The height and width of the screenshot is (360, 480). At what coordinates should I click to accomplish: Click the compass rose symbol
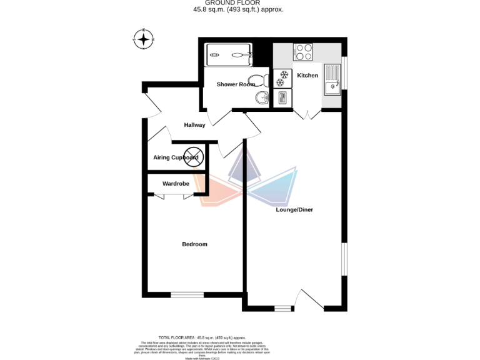coord(144,39)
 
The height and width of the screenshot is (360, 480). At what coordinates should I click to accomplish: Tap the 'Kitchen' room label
coord(307,76)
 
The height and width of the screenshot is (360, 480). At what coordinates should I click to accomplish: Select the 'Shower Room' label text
coord(236,84)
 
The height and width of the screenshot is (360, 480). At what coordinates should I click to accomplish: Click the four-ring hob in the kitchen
coord(304,52)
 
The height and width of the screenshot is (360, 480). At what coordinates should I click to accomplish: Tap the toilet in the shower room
coord(265,80)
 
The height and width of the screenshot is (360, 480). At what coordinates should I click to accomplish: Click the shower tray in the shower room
coord(229,54)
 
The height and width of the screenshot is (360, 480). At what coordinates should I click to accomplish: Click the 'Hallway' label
coord(194,125)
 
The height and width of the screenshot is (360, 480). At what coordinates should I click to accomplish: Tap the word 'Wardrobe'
coord(176,184)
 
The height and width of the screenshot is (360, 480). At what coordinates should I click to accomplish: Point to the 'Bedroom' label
coord(194,244)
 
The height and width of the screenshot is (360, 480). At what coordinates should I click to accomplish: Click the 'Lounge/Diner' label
coord(294,209)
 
